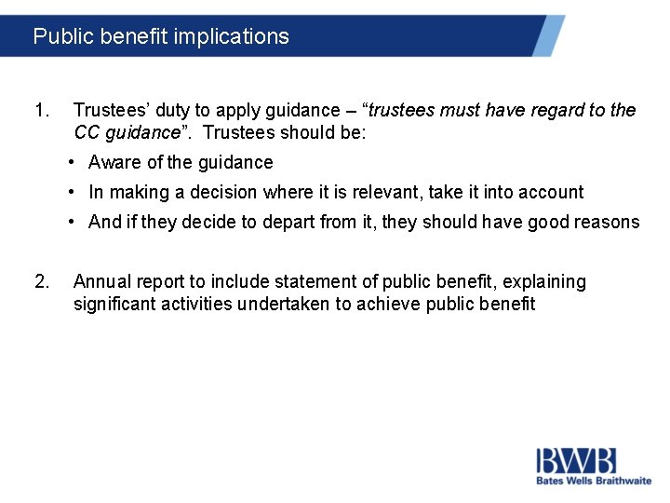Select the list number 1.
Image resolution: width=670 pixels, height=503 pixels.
[x=40, y=111]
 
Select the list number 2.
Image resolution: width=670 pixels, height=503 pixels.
[x=41, y=281]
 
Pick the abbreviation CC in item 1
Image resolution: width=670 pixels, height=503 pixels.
[x=87, y=132]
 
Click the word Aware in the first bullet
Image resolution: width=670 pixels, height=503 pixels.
[x=114, y=163]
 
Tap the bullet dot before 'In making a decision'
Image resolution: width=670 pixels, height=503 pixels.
[x=72, y=193]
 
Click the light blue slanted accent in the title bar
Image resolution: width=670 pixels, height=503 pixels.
[x=549, y=35]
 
